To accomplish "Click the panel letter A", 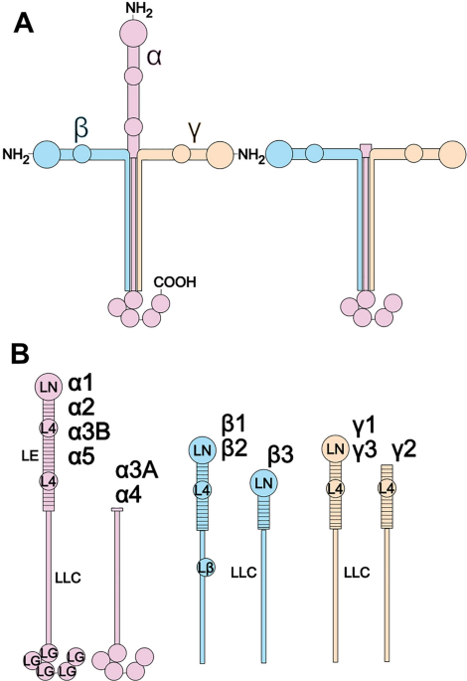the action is click(24, 23).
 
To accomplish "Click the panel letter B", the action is click(21, 354).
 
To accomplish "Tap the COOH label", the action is click(175, 282).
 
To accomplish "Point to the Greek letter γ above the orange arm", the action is click(195, 131).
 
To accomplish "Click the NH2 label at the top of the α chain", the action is click(139, 10).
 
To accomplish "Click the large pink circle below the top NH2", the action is click(133, 34).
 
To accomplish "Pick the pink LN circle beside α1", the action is click(48, 386).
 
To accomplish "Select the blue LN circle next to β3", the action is click(263, 483).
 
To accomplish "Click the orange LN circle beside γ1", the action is click(335, 448).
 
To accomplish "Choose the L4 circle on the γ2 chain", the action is click(387, 488).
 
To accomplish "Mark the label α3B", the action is click(89, 431).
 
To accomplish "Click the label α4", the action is click(129, 495).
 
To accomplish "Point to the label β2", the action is click(234, 449).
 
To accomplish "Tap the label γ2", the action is click(404, 450).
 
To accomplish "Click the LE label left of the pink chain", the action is click(30, 455).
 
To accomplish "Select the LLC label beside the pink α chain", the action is click(69, 578).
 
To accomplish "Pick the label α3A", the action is click(137, 471).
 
